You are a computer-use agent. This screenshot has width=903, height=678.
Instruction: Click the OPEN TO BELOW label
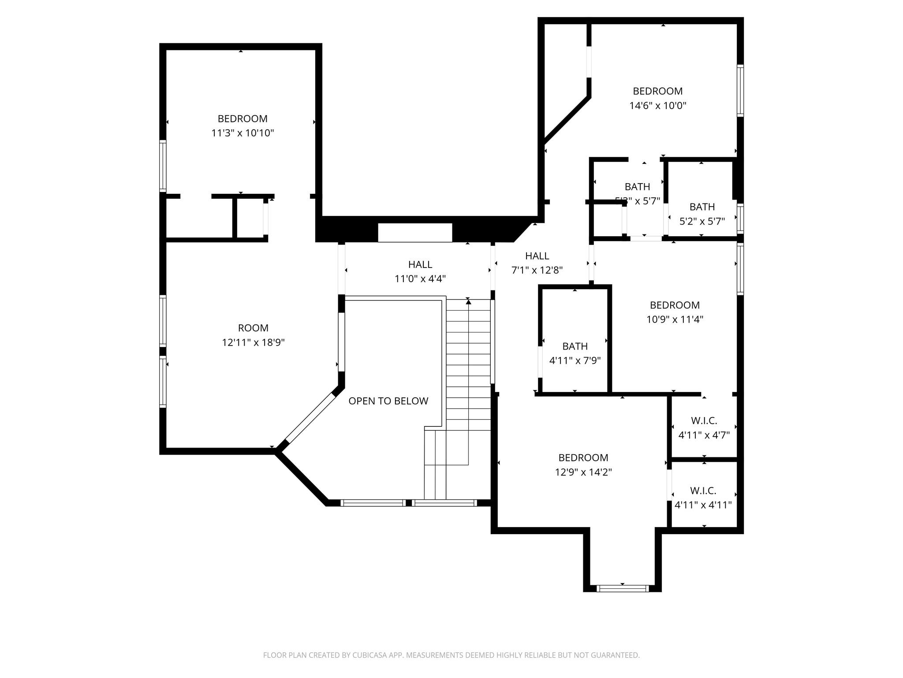point(388,401)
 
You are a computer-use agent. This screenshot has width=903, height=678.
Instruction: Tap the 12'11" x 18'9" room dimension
point(253,343)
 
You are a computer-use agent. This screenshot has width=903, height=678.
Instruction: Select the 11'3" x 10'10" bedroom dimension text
point(243,133)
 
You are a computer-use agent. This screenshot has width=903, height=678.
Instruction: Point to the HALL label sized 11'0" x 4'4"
point(420,264)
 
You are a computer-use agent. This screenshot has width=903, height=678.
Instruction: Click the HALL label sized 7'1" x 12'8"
point(537,256)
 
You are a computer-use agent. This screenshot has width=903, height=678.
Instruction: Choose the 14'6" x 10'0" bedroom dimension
point(657,105)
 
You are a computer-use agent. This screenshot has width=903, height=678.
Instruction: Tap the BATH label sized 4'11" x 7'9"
point(575,346)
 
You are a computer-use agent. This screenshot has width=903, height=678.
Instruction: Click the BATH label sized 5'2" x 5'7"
point(702,207)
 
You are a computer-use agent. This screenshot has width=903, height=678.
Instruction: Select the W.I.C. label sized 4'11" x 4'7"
point(704,421)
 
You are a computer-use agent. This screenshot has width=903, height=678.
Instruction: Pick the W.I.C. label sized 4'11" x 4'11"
point(703,490)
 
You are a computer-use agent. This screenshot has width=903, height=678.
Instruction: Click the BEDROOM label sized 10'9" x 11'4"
point(675,305)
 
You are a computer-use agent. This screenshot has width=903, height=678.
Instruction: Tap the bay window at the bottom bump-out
point(622,588)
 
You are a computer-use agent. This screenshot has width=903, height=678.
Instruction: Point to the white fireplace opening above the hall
point(415,233)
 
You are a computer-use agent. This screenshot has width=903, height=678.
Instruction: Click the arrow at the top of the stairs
point(468,301)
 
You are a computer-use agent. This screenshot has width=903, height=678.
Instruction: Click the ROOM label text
point(253,328)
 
